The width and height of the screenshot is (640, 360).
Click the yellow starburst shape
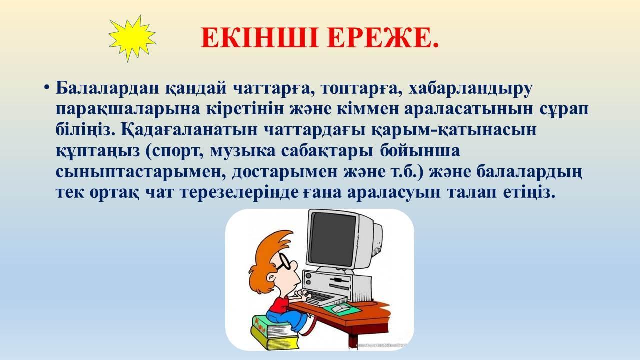(x=132, y=38)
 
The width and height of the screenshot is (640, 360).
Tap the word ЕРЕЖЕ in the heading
(x=383, y=38)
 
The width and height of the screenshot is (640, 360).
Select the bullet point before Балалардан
(x=47, y=88)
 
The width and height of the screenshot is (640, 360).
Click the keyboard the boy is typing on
(x=322, y=297)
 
